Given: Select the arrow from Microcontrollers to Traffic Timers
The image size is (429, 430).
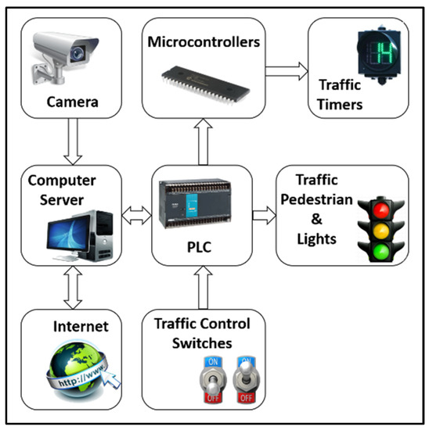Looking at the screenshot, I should click(285, 72).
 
